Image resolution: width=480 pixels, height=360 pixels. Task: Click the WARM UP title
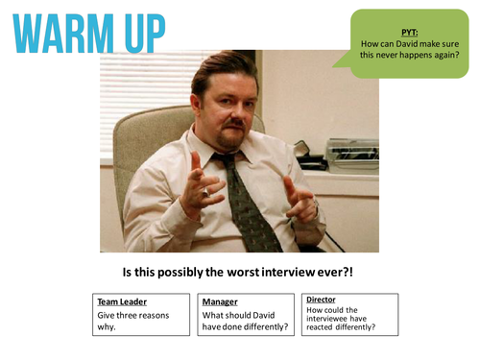point(85,33)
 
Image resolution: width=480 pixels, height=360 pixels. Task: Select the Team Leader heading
point(121,301)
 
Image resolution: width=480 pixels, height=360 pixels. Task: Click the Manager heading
point(221,301)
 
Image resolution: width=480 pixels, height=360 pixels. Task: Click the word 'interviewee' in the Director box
point(328,320)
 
